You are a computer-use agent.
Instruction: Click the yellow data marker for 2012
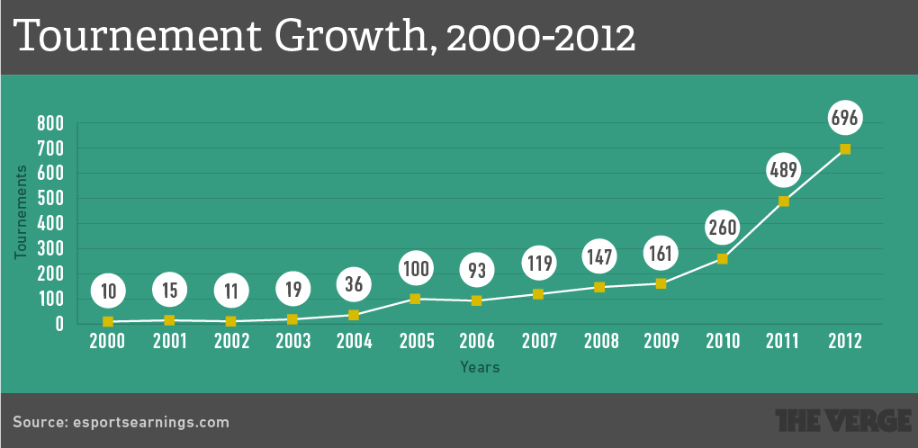(x=845, y=149)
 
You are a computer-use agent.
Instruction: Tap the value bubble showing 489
(x=784, y=169)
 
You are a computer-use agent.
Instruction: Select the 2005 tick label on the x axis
(x=416, y=342)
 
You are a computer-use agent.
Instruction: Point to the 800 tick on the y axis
(x=50, y=123)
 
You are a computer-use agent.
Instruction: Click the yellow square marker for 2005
(x=416, y=299)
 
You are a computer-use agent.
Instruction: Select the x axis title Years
(x=480, y=367)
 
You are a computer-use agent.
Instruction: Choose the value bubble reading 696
(x=845, y=117)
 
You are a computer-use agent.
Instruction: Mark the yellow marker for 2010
(x=723, y=259)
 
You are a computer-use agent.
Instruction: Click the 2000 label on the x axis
(x=108, y=342)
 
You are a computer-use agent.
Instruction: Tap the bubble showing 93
(x=477, y=269)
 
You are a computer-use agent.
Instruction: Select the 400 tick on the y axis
(x=50, y=224)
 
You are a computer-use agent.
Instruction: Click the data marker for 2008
(x=599, y=287)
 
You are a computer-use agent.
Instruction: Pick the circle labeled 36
(x=354, y=283)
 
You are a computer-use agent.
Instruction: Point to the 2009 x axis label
(x=661, y=342)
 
